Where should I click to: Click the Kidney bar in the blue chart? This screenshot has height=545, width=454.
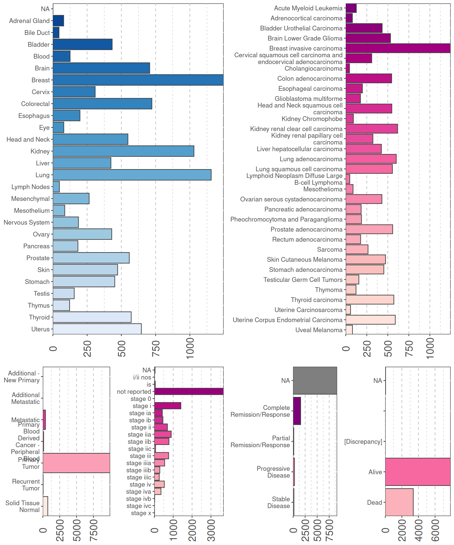click(x=123, y=151)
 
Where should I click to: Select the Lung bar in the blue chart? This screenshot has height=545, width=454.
click(x=132, y=175)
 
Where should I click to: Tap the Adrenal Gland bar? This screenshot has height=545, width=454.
click(x=58, y=21)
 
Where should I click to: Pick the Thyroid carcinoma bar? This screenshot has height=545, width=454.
click(x=370, y=300)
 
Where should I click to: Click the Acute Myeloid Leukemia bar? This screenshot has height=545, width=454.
click(x=351, y=8)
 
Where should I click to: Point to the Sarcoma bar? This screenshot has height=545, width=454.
click(x=357, y=249)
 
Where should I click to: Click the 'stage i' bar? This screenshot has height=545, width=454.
click(x=168, y=406)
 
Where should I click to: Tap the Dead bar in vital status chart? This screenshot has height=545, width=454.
click(x=399, y=502)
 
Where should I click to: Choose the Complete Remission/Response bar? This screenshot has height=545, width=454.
click(x=297, y=411)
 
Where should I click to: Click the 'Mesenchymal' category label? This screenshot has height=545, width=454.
click(x=30, y=199)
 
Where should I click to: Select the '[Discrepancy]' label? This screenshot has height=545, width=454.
click(x=363, y=441)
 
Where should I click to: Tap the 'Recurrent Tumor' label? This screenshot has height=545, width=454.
click(x=26, y=485)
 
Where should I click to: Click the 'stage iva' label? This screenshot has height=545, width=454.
click(x=139, y=492)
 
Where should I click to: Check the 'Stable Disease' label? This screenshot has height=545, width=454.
click(x=278, y=502)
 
